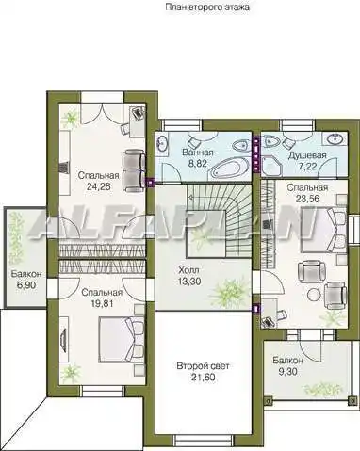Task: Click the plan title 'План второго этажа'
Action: click(x=207, y=8)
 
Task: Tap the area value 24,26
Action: click(x=99, y=187)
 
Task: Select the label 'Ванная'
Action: click(x=198, y=153)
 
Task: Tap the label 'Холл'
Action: click(x=188, y=270)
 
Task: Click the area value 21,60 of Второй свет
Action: click(x=203, y=378)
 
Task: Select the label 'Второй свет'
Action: click(x=203, y=366)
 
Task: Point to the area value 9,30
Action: click(x=287, y=372)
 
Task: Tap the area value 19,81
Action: click(x=102, y=304)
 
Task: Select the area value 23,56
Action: click(x=307, y=199)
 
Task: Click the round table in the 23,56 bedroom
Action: click(x=314, y=295)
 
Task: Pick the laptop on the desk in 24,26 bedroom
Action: click(x=137, y=113)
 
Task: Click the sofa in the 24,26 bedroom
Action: click(x=135, y=170)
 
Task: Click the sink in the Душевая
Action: click(x=335, y=137)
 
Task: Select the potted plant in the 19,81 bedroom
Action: click(x=70, y=373)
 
